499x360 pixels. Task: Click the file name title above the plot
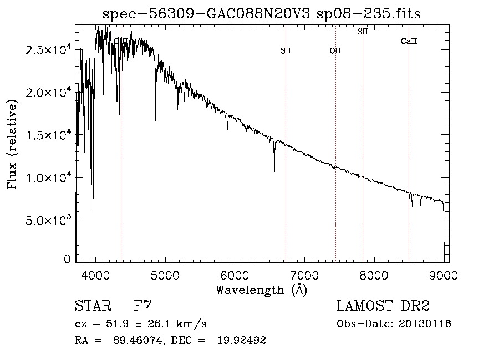(262, 14)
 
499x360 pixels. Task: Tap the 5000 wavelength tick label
(165, 275)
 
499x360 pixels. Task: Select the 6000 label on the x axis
(235, 275)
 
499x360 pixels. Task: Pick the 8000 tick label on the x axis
(374, 275)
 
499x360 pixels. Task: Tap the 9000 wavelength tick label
(444, 275)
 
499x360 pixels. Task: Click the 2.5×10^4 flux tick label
(48, 50)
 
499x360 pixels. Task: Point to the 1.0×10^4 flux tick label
(48, 178)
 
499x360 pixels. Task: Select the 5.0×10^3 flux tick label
(48, 220)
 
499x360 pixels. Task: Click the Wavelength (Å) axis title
(261, 290)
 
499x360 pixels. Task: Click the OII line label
(335, 51)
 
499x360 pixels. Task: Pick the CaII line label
(409, 42)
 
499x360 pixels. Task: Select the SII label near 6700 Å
(286, 51)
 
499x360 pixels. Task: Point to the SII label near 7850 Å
(363, 32)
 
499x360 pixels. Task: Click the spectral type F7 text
(143, 306)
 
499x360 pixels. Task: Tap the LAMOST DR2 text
(383, 306)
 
